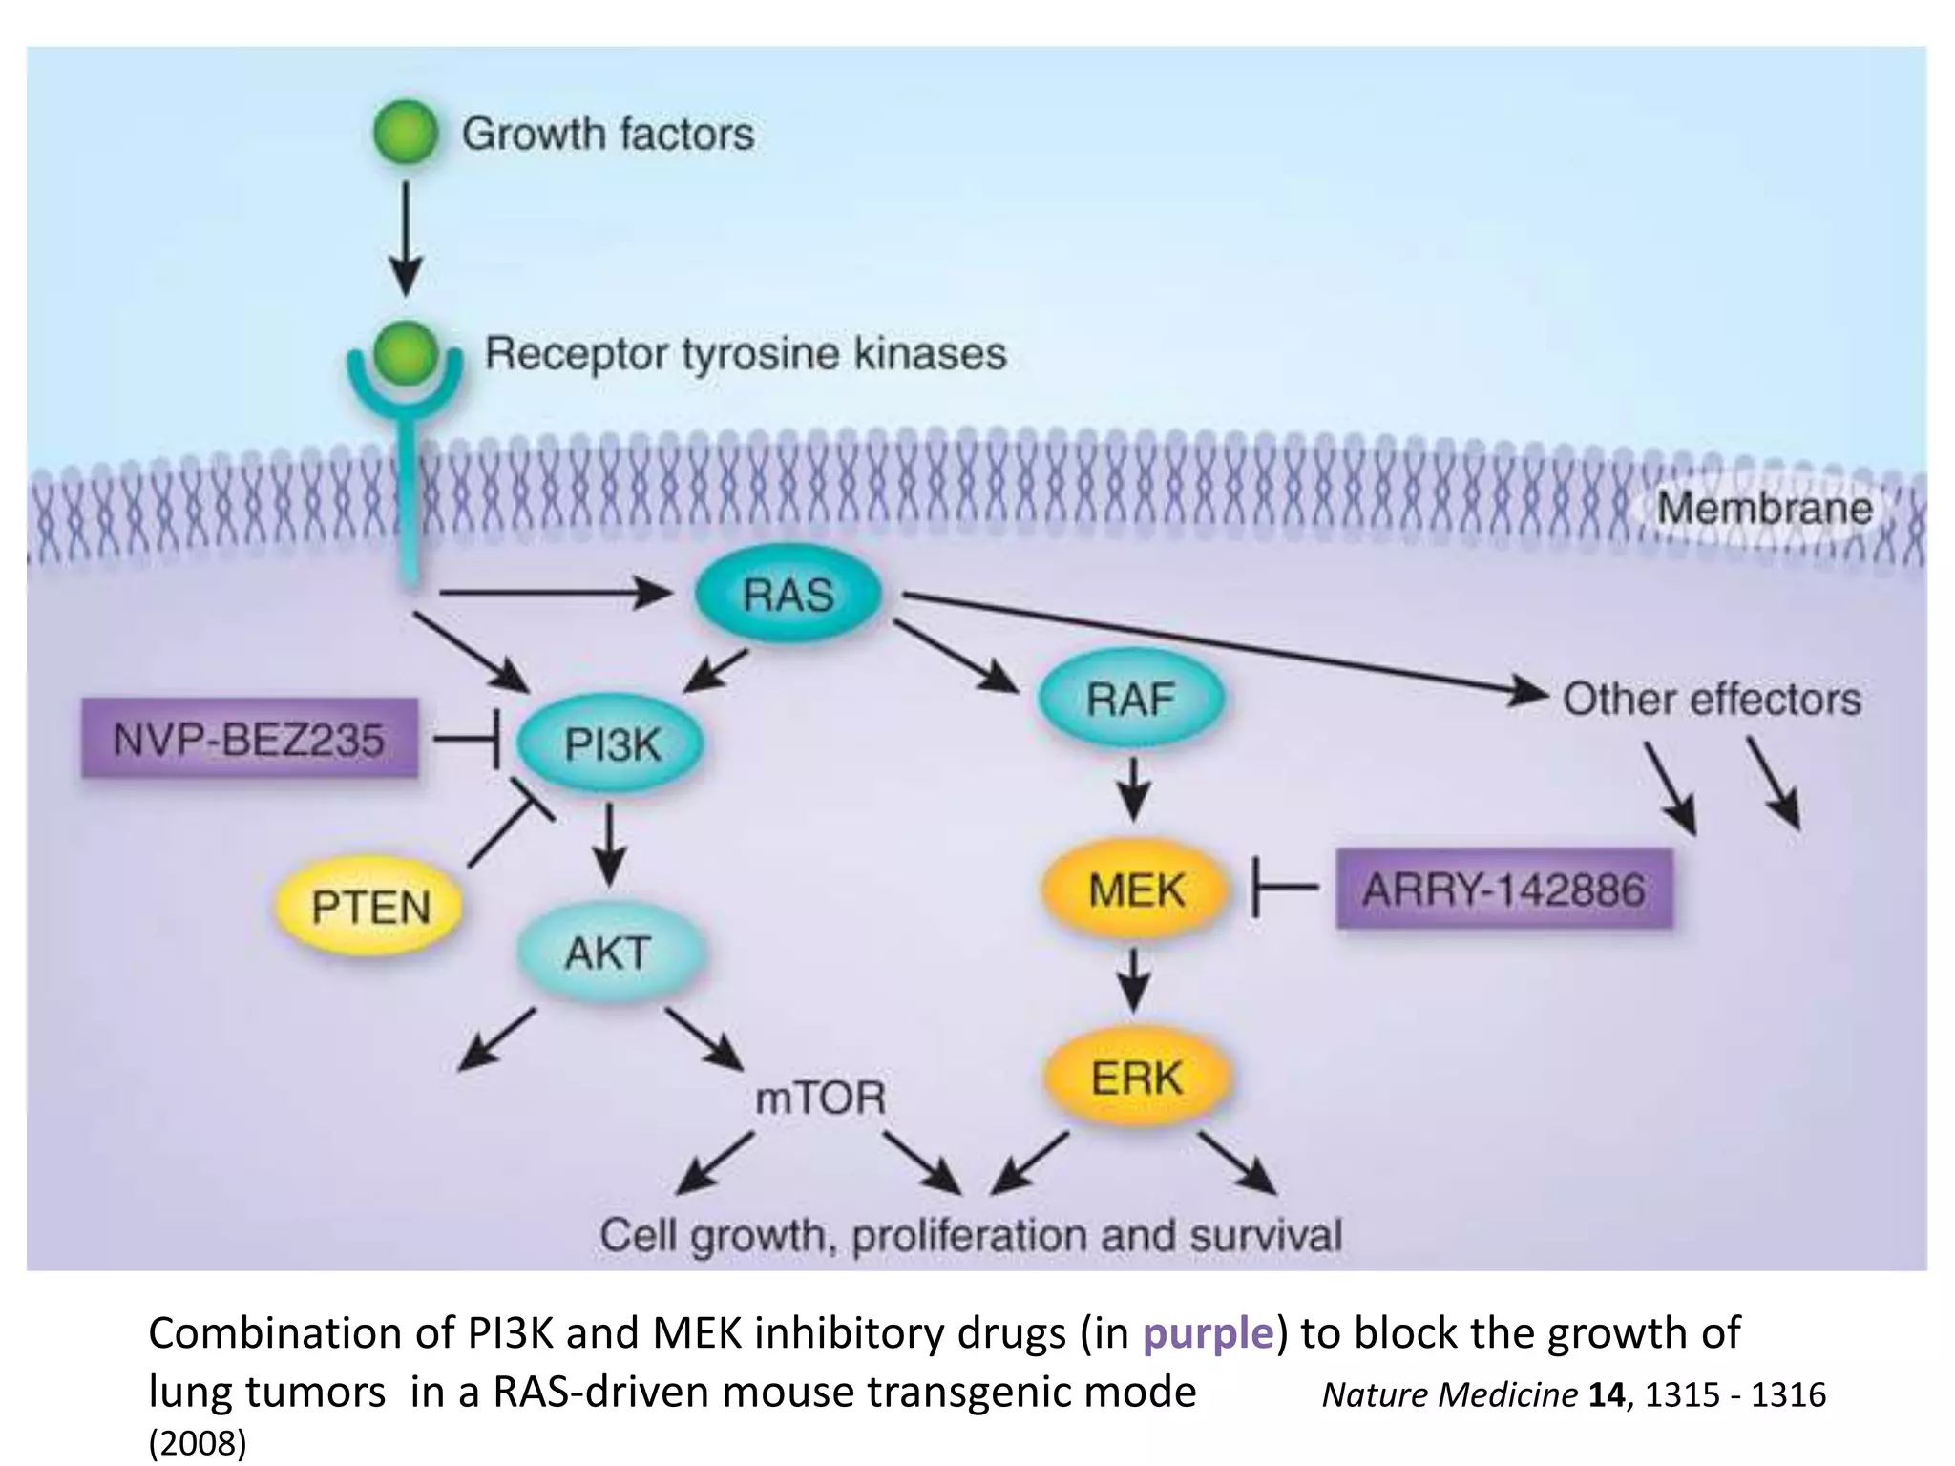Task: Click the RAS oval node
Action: (788, 595)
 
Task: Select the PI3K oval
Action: (611, 743)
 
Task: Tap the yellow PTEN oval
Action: (369, 906)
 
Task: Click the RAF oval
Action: (1129, 700)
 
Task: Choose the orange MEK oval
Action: (1135, 890)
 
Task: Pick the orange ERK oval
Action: (1136, 1079)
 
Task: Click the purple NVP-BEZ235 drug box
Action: (249, 739)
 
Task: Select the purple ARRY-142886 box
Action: (1503, 890)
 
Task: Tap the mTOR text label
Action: (820, 1098)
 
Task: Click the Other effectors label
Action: (1712, 699)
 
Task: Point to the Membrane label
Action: (1764, 508)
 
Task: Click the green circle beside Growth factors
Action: (407, 133)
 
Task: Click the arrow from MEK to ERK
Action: (1133, 977)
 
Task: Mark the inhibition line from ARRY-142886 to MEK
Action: (1285, 889)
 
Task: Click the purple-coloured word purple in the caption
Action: (1209, 1332)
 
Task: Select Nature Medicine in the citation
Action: (1448, 1394)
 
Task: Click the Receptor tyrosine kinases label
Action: (746, 353)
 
